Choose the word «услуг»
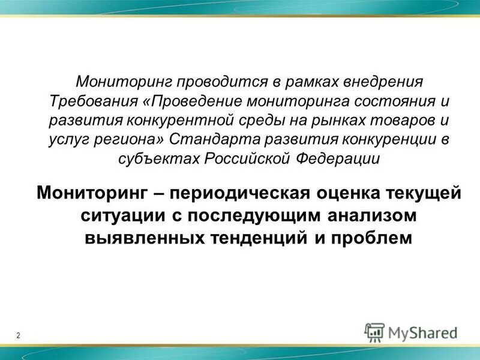67,139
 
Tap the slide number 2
18,335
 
